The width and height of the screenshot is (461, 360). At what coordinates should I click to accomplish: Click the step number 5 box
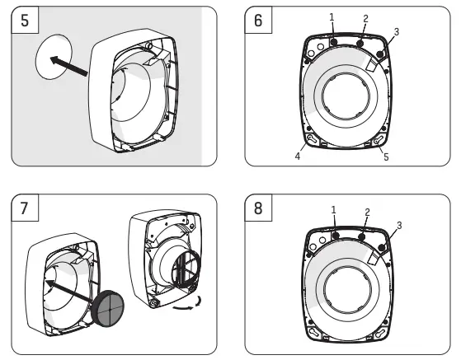pos(24,21)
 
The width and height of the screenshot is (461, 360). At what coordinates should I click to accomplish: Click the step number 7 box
pos(24,209)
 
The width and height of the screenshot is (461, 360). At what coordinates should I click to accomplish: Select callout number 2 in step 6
pos(365,18)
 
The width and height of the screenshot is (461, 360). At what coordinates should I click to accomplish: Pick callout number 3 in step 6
pos(397,31)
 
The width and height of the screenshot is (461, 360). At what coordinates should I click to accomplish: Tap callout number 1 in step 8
pos(334,210)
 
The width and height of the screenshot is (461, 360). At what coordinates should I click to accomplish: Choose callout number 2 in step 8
pos(367,212)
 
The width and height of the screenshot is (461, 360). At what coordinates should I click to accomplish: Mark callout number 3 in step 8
pos(399,224)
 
